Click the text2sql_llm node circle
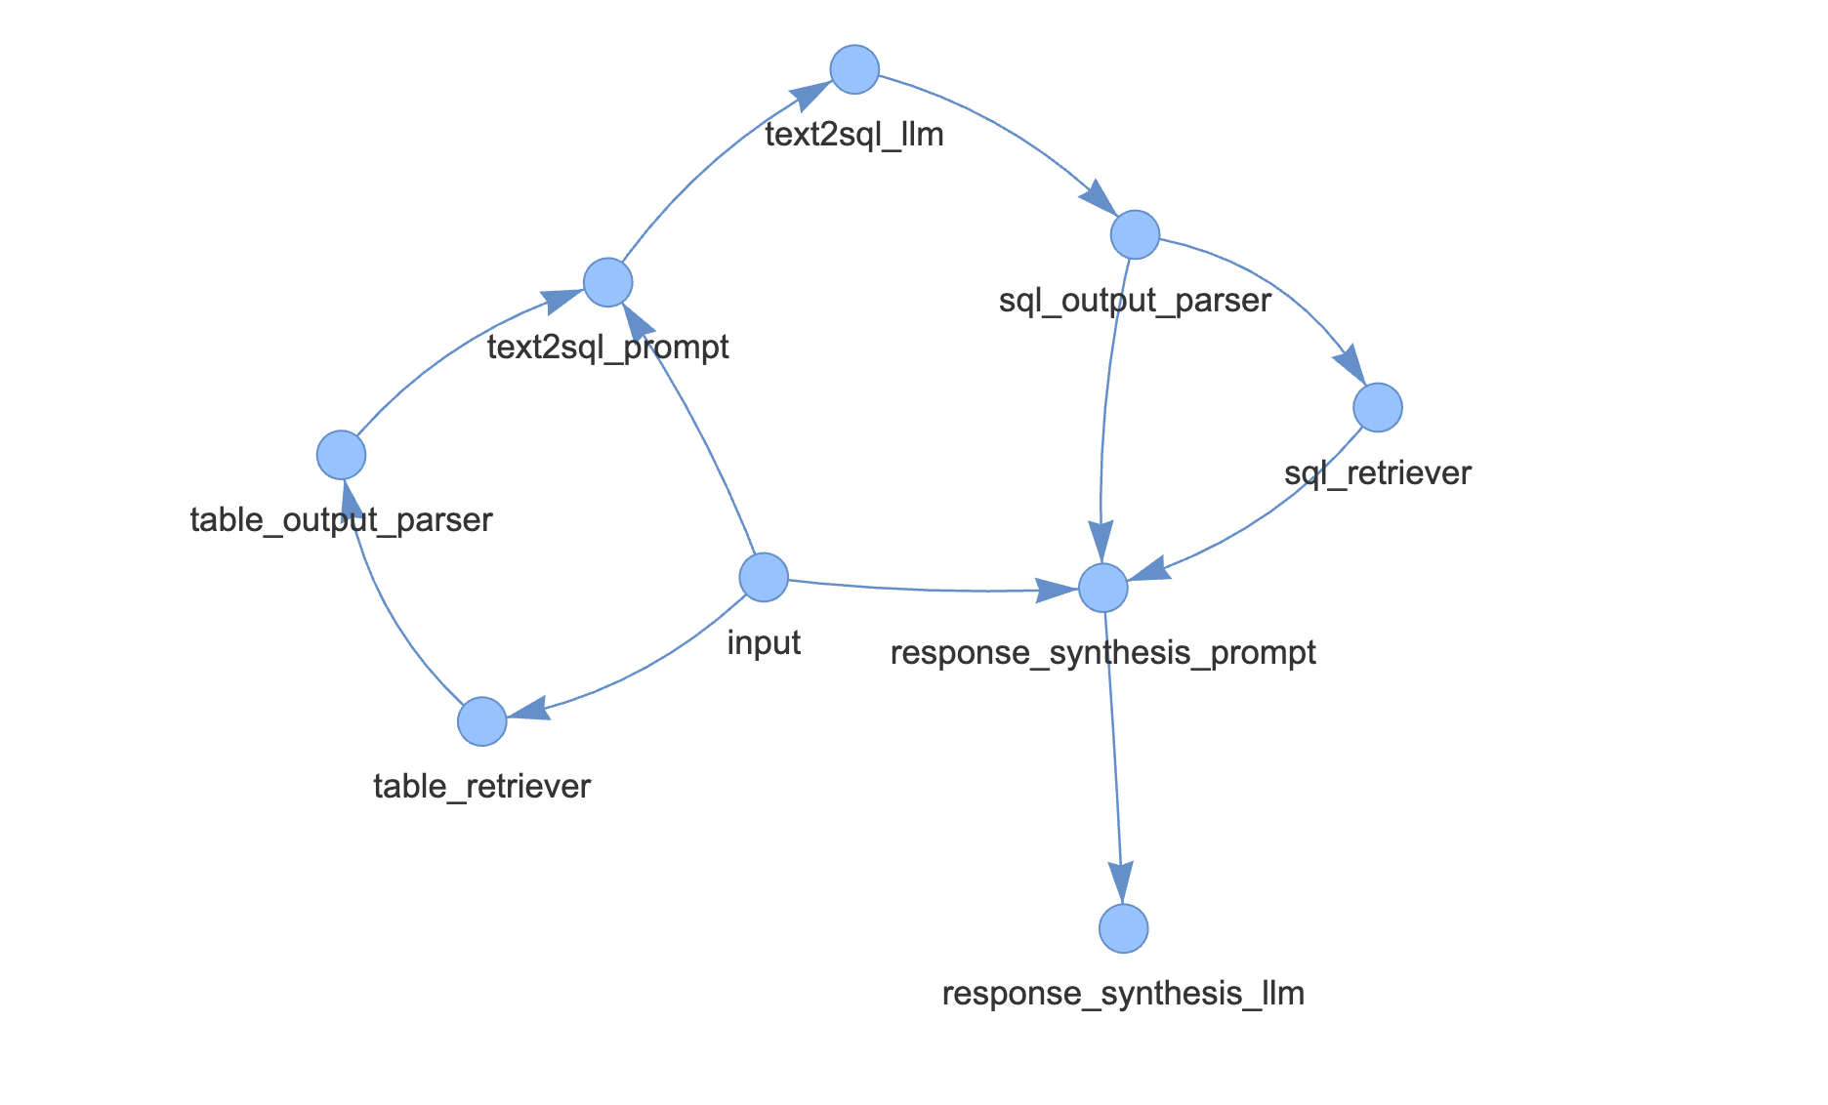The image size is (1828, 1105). [x=854, y=69]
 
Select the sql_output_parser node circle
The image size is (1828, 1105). [x=1135, y=234]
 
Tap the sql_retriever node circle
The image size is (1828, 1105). [x=1378, y=407]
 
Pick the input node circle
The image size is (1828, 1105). [x=764, y=577]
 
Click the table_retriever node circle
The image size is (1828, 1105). [x=482, y=721]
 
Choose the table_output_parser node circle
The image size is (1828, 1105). [x=342, y=455]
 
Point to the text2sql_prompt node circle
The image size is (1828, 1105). [x=608, y=282]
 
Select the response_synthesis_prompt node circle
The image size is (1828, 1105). [x=1103, y=588]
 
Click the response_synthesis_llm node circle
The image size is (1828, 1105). [x=1123, y=927]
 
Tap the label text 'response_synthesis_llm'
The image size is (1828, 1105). [x=1123, y=994]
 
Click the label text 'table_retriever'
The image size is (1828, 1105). [x=482, y=787]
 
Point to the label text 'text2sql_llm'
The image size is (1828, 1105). [x=854, y=135]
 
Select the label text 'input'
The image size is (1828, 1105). [x=764, y=643]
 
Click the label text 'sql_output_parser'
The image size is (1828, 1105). [x=1135, y=301]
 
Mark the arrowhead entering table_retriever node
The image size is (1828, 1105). [x=527, y=710]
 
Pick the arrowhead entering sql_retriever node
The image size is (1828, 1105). [x=1351, y=366]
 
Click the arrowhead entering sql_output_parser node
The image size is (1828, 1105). [x=1097, y=198]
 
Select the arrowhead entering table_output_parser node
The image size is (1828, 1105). [x=351, y=499]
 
